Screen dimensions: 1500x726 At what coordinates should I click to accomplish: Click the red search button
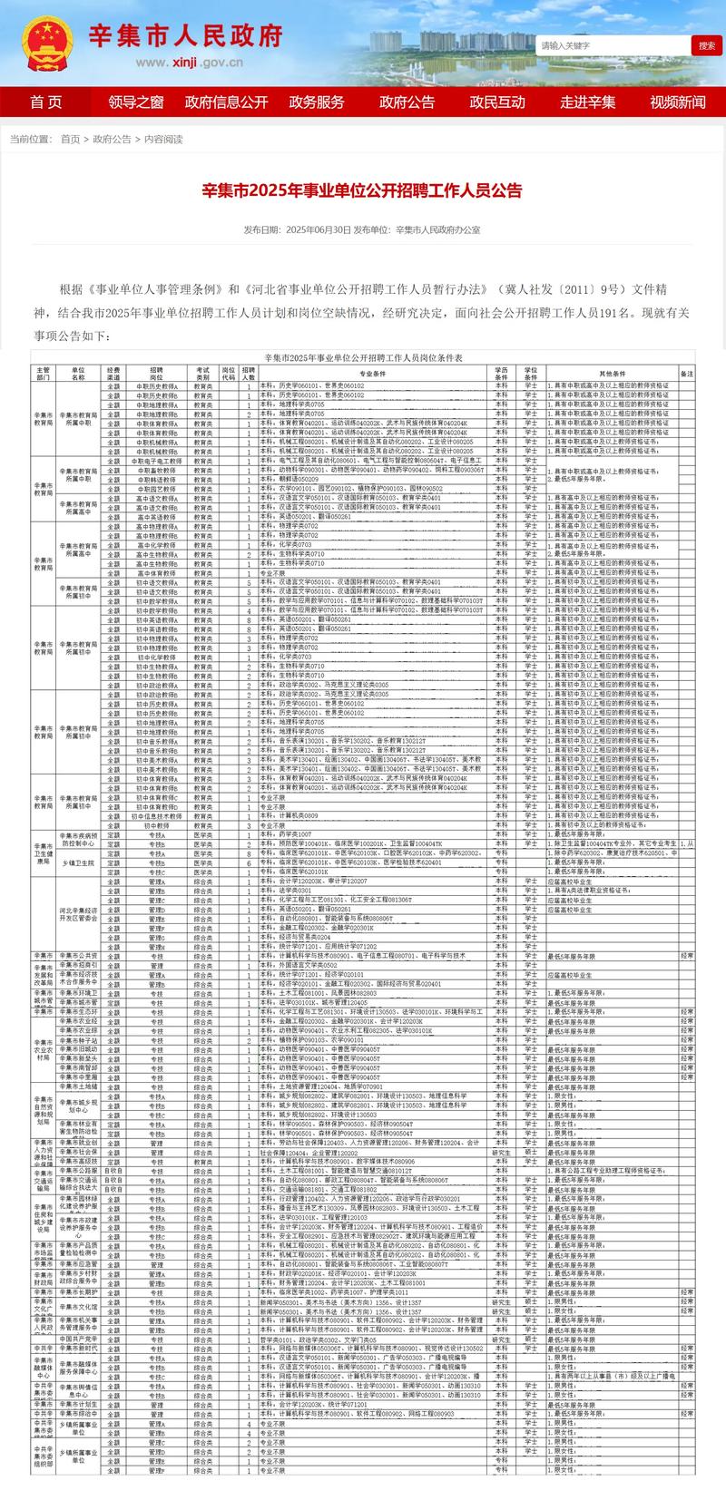[706, 45]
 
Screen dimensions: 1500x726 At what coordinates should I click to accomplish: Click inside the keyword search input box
[613, 45]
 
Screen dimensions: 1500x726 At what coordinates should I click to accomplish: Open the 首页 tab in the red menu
[45, 102]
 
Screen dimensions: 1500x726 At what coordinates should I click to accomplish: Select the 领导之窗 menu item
[136, 102]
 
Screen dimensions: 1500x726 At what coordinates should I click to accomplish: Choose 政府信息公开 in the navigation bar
[227, 102]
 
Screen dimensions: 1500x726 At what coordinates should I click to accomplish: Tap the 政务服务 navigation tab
[317, 102]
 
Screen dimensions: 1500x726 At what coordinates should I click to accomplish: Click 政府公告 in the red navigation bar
[407, 102]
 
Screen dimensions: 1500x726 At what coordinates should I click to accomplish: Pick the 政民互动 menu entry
[497, 102]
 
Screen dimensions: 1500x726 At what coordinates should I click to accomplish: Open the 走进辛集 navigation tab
[588, 102]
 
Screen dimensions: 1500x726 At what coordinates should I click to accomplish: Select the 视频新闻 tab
[678, 102]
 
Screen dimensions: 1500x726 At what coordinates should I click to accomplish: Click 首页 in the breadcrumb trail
[70, 140]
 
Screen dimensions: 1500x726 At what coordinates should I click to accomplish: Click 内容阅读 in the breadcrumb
[163, 140]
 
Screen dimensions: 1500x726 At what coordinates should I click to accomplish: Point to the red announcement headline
[362, 191]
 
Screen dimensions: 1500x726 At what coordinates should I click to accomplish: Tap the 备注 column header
[687, 373]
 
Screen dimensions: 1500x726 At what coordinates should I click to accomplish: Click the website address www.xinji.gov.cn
[190, 63]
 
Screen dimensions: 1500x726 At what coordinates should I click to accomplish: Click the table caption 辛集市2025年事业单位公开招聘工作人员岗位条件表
[363, 358]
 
